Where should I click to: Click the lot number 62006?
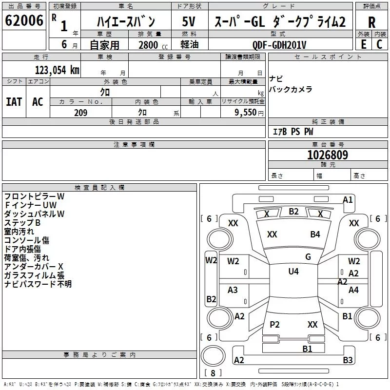tap(24, 20)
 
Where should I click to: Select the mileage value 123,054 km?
tap(57, 70)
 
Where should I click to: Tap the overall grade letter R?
tap(371, 22)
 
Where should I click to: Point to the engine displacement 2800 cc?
tap(153, 45)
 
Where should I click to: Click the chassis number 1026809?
tap(328, 155)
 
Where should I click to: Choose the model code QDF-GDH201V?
tap(279, 45)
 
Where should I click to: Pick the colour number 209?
tap(80, 113)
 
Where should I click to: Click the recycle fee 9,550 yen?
tap(249, 113)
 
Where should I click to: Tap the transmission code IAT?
tap(14, 102)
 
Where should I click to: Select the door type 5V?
tap(189, 21)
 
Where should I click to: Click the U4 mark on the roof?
tap(293, 272)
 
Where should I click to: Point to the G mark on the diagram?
tap(308, 257)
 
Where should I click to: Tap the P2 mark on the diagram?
tap(274, 324)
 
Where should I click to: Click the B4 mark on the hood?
tap(315, 234)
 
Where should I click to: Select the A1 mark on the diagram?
tap(348, 200)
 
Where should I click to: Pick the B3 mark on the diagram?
tap(348, 360)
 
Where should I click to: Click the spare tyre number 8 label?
tap(213, 373)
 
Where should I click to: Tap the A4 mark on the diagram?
tap(353, 290)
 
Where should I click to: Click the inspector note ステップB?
tap(22, 223)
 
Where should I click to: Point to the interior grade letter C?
tap(379, 44)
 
